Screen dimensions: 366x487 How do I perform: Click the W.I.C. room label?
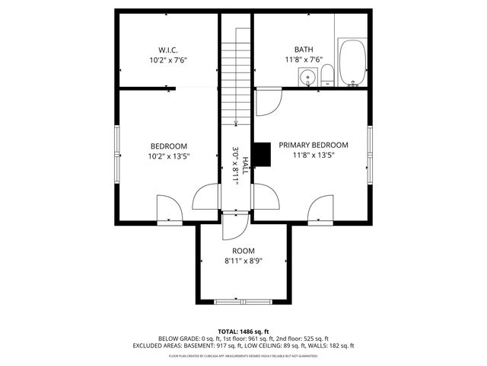168,50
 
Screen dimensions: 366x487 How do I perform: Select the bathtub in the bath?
352,63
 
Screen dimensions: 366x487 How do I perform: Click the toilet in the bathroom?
327,75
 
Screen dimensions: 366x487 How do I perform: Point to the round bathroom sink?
308,76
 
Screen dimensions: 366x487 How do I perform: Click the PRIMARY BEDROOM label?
313,145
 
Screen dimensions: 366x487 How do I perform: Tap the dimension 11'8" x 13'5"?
313,155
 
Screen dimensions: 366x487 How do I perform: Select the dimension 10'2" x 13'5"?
168,156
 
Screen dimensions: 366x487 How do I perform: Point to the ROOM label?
243,251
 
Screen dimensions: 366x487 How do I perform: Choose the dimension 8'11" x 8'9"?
243,261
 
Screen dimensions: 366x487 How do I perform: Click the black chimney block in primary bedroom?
263,154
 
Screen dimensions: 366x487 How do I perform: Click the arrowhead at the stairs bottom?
237,122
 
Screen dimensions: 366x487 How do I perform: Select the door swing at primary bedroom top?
268,101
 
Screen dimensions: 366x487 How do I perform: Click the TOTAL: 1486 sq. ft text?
243,332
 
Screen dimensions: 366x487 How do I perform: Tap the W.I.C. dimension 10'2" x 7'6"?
168,59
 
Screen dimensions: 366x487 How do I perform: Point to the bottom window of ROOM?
243,302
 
